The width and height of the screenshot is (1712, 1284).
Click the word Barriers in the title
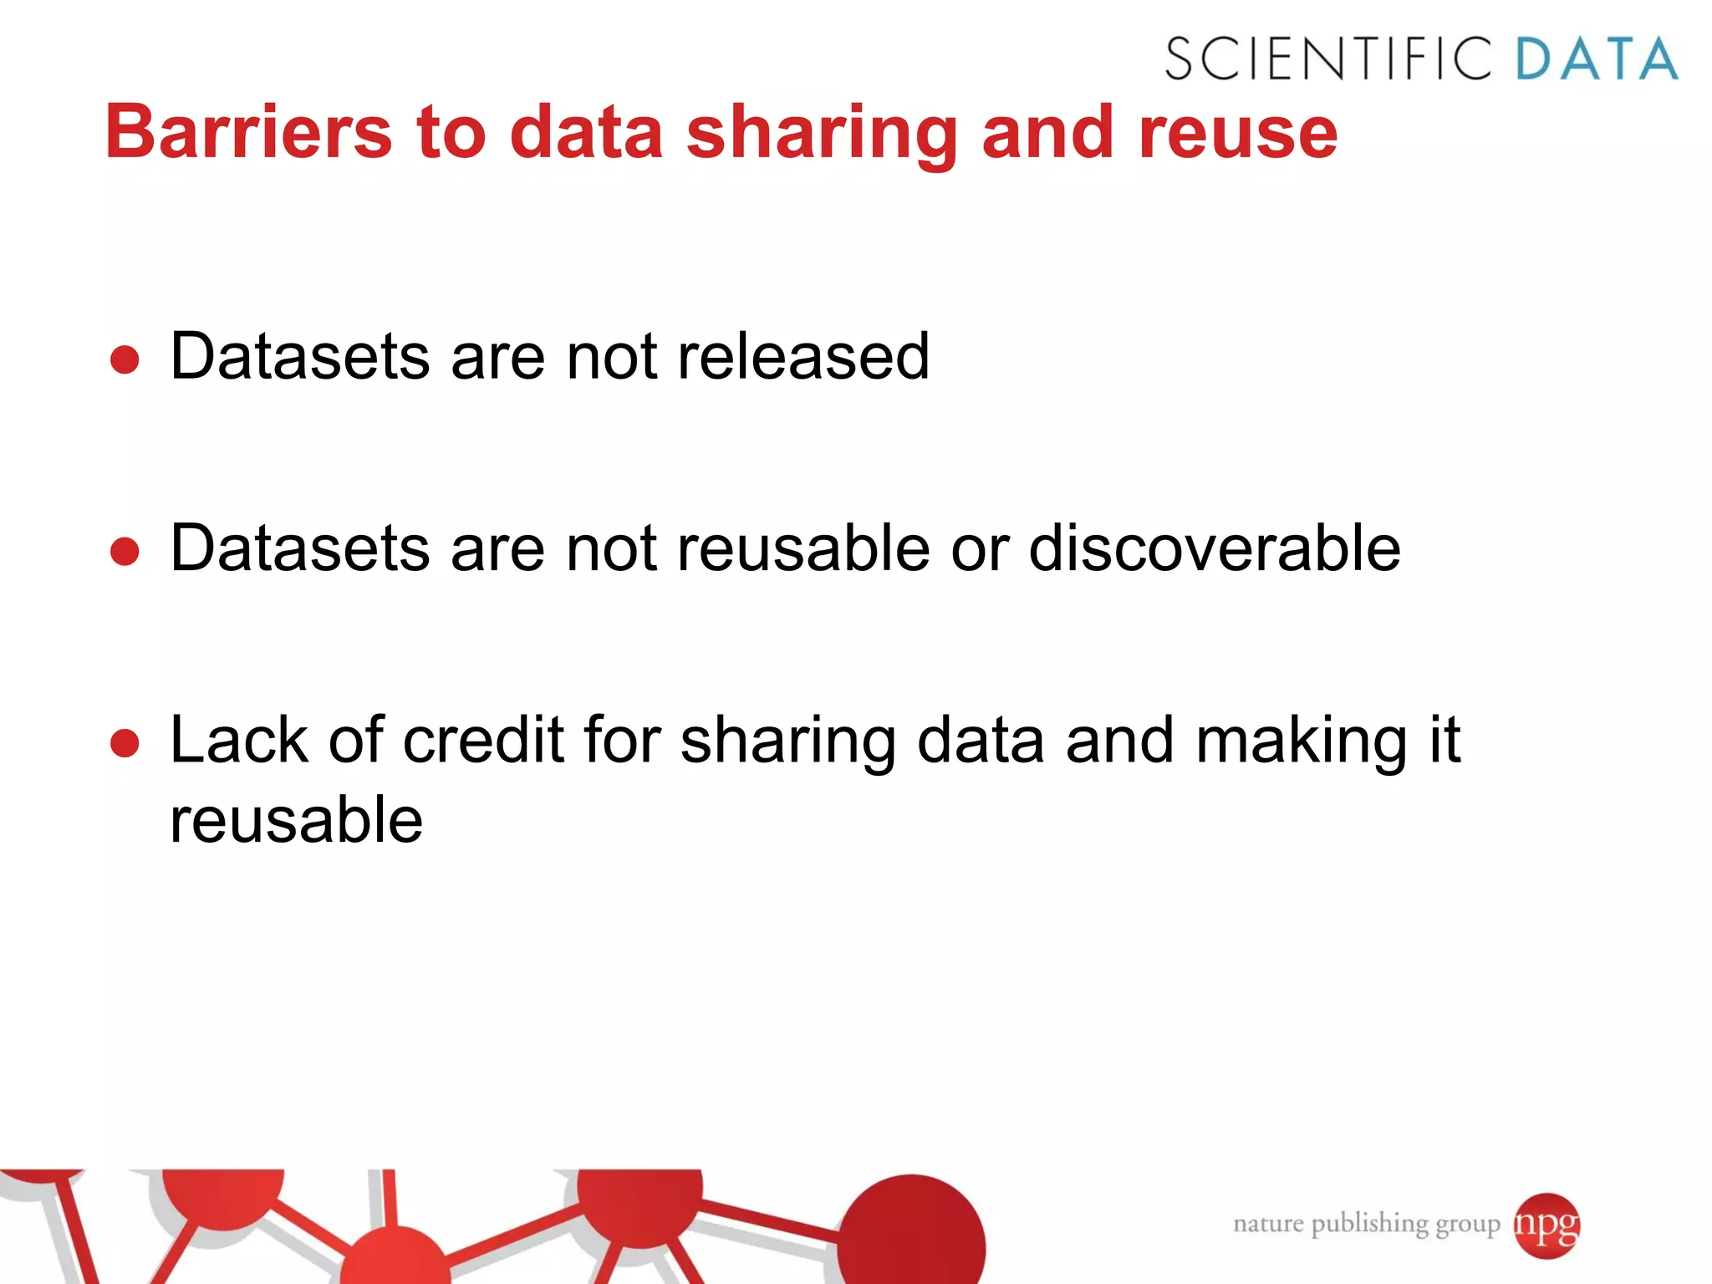(248, 132)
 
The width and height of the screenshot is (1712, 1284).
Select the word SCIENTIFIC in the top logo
(1328, 59)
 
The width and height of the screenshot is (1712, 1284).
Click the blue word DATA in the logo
(1596, 59)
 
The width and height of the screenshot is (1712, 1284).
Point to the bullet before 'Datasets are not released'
(125, 360)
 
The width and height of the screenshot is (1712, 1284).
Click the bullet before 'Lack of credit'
(125, 744)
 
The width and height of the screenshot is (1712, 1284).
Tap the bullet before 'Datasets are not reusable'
(125, 552)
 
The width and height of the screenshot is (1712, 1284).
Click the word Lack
(238, 741)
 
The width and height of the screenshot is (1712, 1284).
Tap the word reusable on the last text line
(296, 820)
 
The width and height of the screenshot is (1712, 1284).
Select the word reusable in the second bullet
(802, 549)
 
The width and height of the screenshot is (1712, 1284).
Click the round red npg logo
(1546, 1225)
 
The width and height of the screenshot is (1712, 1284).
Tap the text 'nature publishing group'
(1366, 1225)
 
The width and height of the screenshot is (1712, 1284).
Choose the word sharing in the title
(822, 134)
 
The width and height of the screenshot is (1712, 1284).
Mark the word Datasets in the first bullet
(299, 357)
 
